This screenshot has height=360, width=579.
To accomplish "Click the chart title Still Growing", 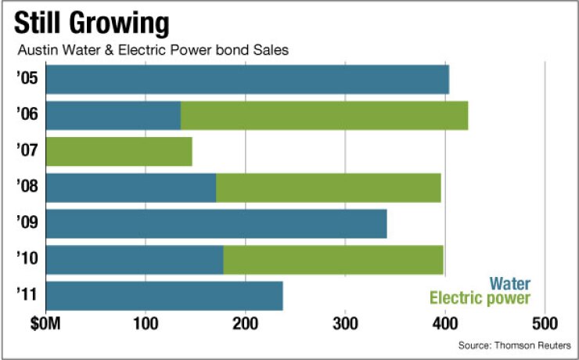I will [x=92, y=23].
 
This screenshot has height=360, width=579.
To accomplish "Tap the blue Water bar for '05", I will [x=247, y=80].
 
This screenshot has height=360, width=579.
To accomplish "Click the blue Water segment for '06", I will [x=113, y=115].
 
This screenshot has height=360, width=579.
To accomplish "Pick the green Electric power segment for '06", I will [x=324, y=115].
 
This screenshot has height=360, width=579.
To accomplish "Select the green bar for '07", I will [x=119, y=150].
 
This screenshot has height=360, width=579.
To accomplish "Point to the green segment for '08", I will [x=328, y=187].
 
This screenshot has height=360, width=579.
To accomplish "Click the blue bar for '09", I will [x=216, y=223].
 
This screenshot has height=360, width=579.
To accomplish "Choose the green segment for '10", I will [x=333, y=259].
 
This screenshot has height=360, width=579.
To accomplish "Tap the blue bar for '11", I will [x=164, y=296].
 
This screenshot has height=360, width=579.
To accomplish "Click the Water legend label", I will [x=509, y=283].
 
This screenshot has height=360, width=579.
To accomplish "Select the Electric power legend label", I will [x=480, y=298].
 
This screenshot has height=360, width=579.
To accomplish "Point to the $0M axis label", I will [x=47, y=323].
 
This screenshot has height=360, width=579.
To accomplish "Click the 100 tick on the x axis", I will [x=146, y=323].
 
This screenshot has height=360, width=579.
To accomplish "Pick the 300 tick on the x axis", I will [x=345, y=323].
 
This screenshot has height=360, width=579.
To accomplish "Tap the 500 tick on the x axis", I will [x=545, y=323].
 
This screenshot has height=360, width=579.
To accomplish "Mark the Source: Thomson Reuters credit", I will [x=515, y=345].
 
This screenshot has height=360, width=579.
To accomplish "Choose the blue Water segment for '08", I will [x=131, y=187].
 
